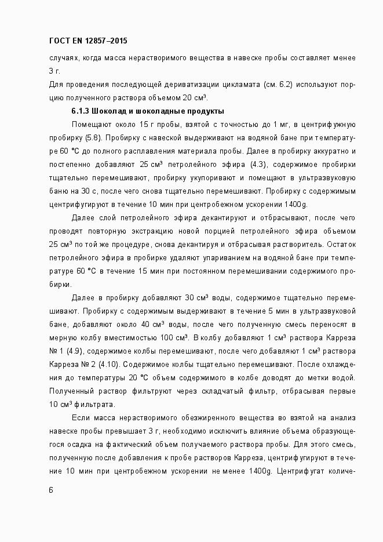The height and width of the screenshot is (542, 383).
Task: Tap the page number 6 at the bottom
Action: click(50, 490)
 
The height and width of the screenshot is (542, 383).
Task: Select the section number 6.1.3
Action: click(82, 111)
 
